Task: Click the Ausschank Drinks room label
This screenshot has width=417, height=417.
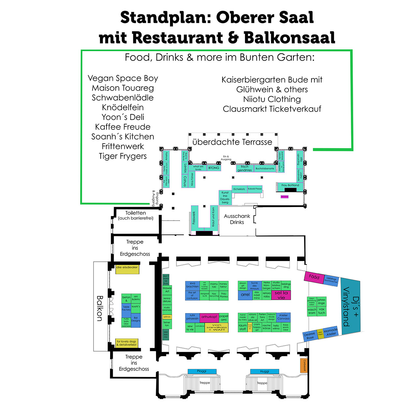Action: pyautogui.click(x=237, y=219)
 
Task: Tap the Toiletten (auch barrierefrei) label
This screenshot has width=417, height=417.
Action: pyautogui.click(x=136, y=215)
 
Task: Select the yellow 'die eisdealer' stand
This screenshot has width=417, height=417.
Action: pyautogui.click(x=127, y=269)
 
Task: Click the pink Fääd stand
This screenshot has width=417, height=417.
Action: pyautogui.click(x=314, y=277)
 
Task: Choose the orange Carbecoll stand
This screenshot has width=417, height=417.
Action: pyautogui.click(x=304, y=365)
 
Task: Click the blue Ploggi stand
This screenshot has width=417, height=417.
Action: pyautogui.click(x=202, y=371)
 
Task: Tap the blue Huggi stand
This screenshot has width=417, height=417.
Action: pyautogui.click(x=265, y=371)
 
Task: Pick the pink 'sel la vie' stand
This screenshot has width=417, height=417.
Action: pyautogui.click(x=281, y=295)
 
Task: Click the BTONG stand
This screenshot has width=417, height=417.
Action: pyautogui.click(x=214, y=168)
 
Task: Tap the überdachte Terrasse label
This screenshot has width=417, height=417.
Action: pyautogui.click(x=232, y=142)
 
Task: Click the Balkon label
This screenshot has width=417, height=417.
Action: pyautogui.click(x=100, y=308)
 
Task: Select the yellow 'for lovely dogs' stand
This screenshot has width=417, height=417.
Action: pyautogui.click(x=127, y=343)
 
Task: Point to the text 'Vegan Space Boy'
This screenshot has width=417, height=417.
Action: pyautogui.click(x=123, y=78)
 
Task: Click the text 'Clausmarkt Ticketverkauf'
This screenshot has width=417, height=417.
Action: pyautogui.click(x=272, y=109)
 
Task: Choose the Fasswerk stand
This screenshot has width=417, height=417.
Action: pyautogui.click(x=194, y=218)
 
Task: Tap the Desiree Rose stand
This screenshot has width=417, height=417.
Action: pyautogui.click(x=309, y=336)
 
